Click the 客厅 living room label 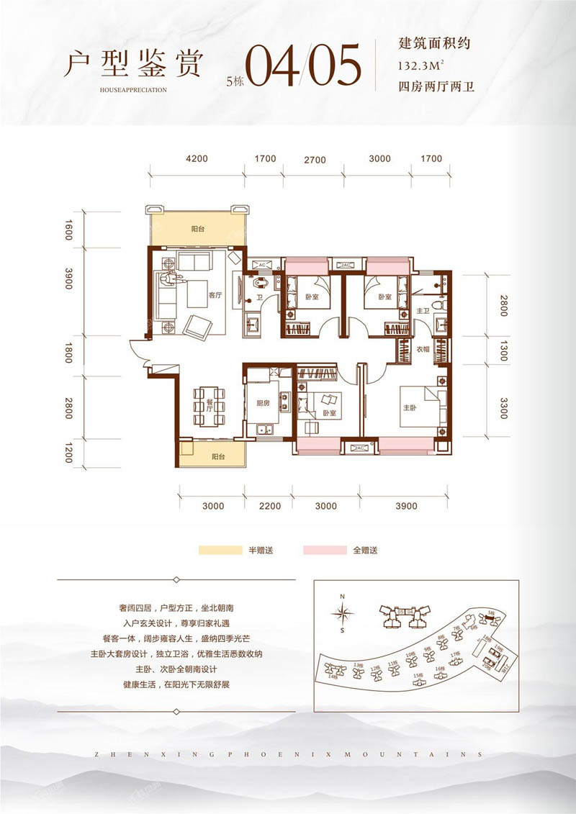pos(214,295)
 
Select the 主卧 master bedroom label pos(401,407)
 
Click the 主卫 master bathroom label pos(423,311)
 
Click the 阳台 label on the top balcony pos(197,227)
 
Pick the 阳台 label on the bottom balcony pos(219,457)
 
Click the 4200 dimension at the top pos(197,159)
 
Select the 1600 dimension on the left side pos(69,231)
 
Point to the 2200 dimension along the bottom pos(269,506)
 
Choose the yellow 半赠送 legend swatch pos(220,551)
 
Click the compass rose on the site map pos(343,614)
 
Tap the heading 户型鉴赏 pos(131,64)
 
